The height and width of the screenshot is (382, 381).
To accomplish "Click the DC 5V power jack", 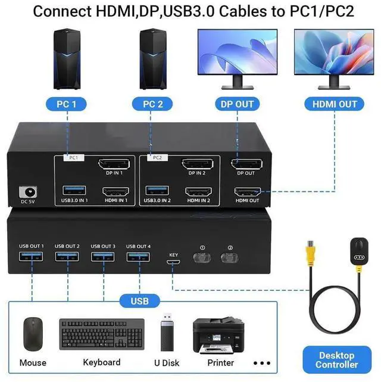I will pos(27,192).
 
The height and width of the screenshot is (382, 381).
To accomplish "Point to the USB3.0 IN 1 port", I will pos(74,191).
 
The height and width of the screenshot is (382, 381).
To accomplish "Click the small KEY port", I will pos(173,262).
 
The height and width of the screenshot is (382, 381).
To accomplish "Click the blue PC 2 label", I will pos(154,104).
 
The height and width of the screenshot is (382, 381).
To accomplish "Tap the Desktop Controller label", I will pos(337,359).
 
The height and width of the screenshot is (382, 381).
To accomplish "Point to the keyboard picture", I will pos(102,335).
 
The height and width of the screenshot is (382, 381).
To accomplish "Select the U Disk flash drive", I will pos(167,334).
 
